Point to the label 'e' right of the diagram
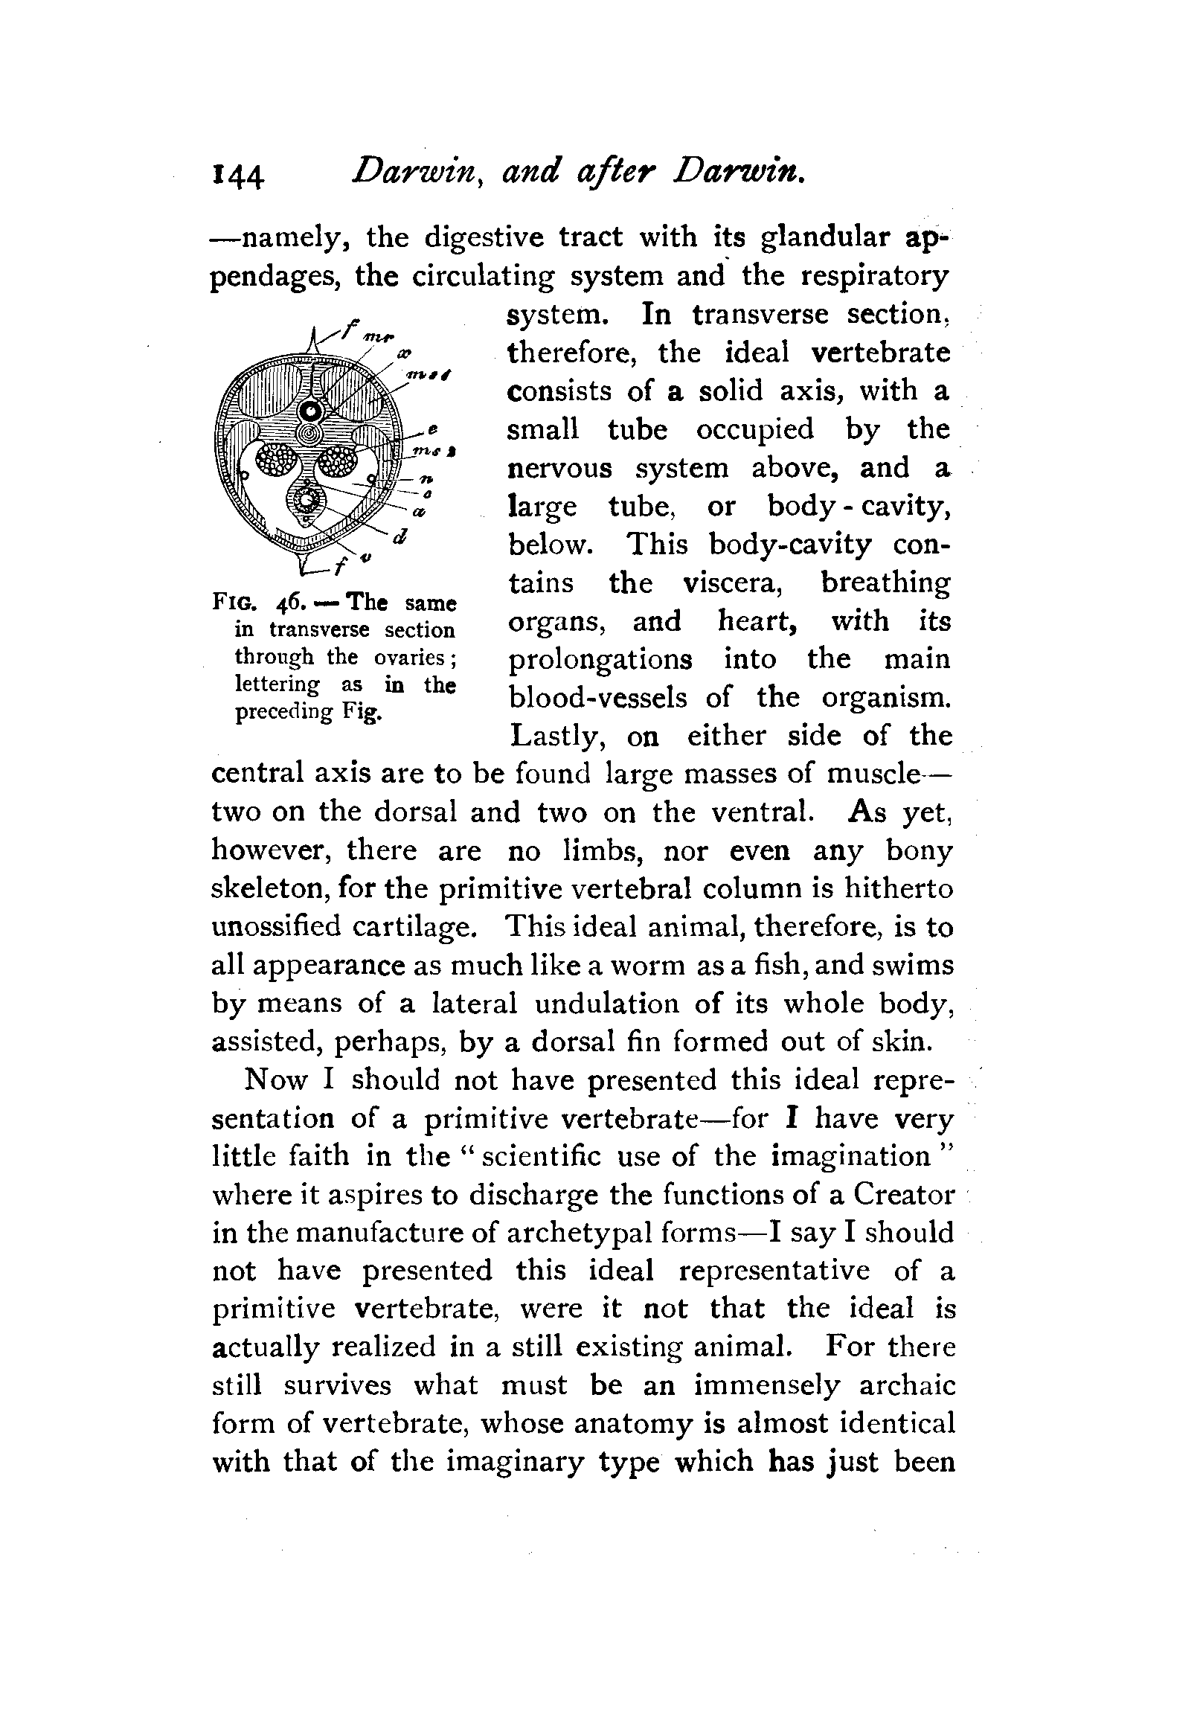pos(432,429)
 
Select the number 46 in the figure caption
pos(289,603)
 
